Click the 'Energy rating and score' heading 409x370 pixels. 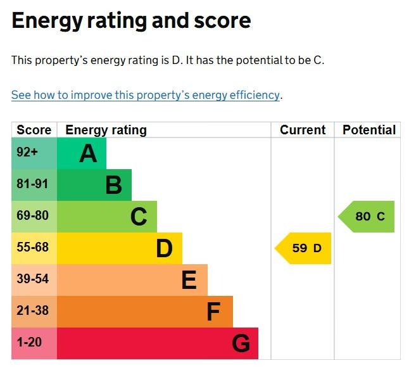click(131, 21)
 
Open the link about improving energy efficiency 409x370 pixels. click(146, 95)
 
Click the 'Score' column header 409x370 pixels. click(34, 130)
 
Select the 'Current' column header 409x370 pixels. click(303, 130)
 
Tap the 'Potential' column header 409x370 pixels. click(369, 130)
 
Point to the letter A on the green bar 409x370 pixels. click(88, 153)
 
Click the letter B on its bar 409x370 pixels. click(114, 185)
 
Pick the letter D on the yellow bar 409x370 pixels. click(165, 248)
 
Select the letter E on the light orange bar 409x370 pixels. click(189, 280)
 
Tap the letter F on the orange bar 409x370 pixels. click(213, 312)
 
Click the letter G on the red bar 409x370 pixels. click(241, 343)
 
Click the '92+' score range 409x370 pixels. click(27, 152)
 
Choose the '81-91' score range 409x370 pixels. click(32, 184)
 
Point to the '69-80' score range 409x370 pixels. click(32, 215)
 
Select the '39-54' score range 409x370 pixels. click(32, 279)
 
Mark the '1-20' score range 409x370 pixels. click(29, 342)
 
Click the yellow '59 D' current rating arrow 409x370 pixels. click(303, 248)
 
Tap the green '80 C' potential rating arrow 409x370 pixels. click(366, 217)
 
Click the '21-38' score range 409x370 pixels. click(32, 310)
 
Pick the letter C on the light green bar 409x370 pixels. click(139, 217)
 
